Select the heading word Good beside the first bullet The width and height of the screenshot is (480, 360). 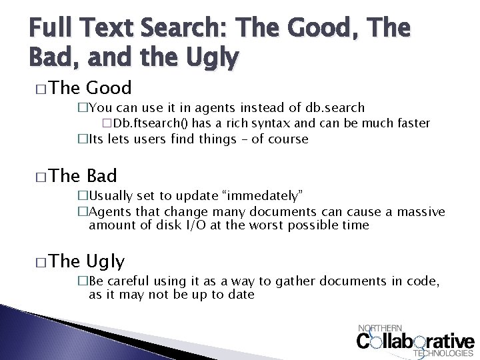(x=109, y=88)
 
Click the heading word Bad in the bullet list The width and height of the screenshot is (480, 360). (x=102, y=176)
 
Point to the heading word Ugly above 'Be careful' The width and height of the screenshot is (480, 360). (x=105, y=261)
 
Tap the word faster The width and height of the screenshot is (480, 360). (x=411, y=123)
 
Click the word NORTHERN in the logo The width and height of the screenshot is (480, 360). (x=381, y=328)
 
